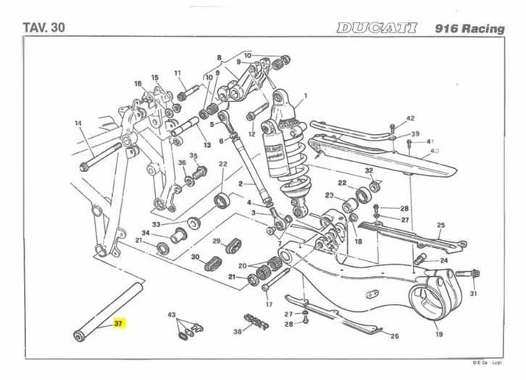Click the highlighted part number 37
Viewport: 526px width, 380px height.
(119, 323)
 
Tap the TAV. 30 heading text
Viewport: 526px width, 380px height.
(44, 28)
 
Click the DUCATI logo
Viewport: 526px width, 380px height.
(377, 28)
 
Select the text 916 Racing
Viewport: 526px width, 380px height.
(469, 28)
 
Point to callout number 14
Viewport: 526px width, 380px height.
(78, 123)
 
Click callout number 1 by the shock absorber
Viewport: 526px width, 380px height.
(305, 96)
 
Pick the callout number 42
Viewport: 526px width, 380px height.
(409, 118)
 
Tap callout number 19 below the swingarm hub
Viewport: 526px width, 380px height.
(439, 335)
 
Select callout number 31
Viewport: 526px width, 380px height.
(473, 294)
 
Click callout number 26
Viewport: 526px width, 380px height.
(395, 336)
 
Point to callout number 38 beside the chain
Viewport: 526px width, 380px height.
(237, 331)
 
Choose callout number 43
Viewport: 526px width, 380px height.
(172, 316)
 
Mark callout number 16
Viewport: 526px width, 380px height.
(138, 84)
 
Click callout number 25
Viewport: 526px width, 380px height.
(439, 226)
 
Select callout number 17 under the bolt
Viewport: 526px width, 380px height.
(268, 305)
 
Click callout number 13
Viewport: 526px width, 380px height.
(207, 145)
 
